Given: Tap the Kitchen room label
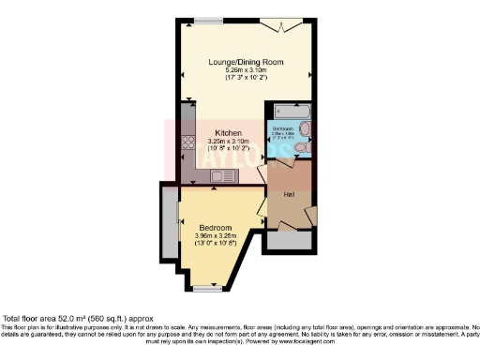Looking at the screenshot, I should [x=229, y=133].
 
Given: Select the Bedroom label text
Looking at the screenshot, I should [x=215, y=226].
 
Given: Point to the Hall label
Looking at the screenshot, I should [x=290, y=193].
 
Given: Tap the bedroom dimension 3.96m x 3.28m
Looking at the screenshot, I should [x=215, y=234].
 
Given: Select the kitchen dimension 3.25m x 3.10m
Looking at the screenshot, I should [x=229, y=142].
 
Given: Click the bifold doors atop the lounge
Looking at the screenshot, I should [x=286, y=22].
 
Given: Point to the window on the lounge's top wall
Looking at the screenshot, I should [x=208, y=21].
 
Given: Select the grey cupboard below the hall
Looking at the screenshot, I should [x=290, y=239].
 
